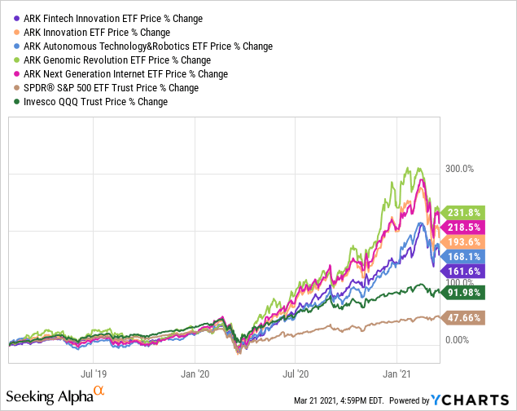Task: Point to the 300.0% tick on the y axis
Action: [458, 169]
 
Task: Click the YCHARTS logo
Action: [481, 400]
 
